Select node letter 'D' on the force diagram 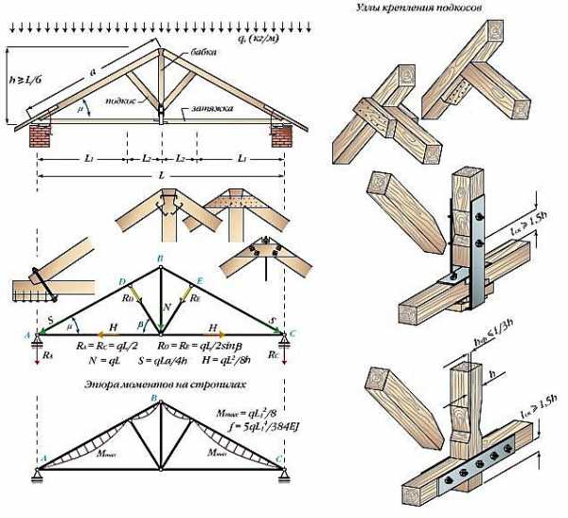pos(122,282)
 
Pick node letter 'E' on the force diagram pos(199,282)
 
